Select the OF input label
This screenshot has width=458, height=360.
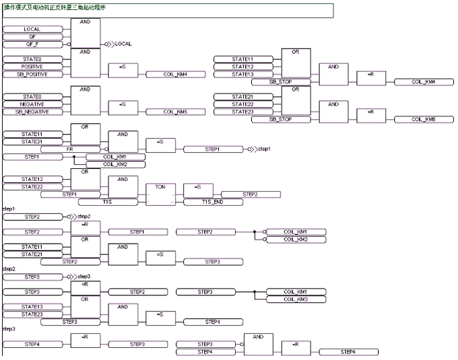(x=32, y=37)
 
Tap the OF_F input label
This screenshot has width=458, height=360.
(x=32, y=44)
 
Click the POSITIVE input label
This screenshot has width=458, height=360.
(x=32, y=67)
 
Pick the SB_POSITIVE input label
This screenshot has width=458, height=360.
(x=32, y=74)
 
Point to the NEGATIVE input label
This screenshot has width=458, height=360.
(x=32, y=104)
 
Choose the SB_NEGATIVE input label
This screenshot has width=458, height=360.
(x=32, y=112)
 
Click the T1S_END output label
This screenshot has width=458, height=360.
(x=213, y=201)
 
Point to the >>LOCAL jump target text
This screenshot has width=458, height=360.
(x=121, y=44)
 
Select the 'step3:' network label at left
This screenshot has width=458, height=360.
(x=9, y=329)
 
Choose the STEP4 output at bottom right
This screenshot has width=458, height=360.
(x=348, y=351)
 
